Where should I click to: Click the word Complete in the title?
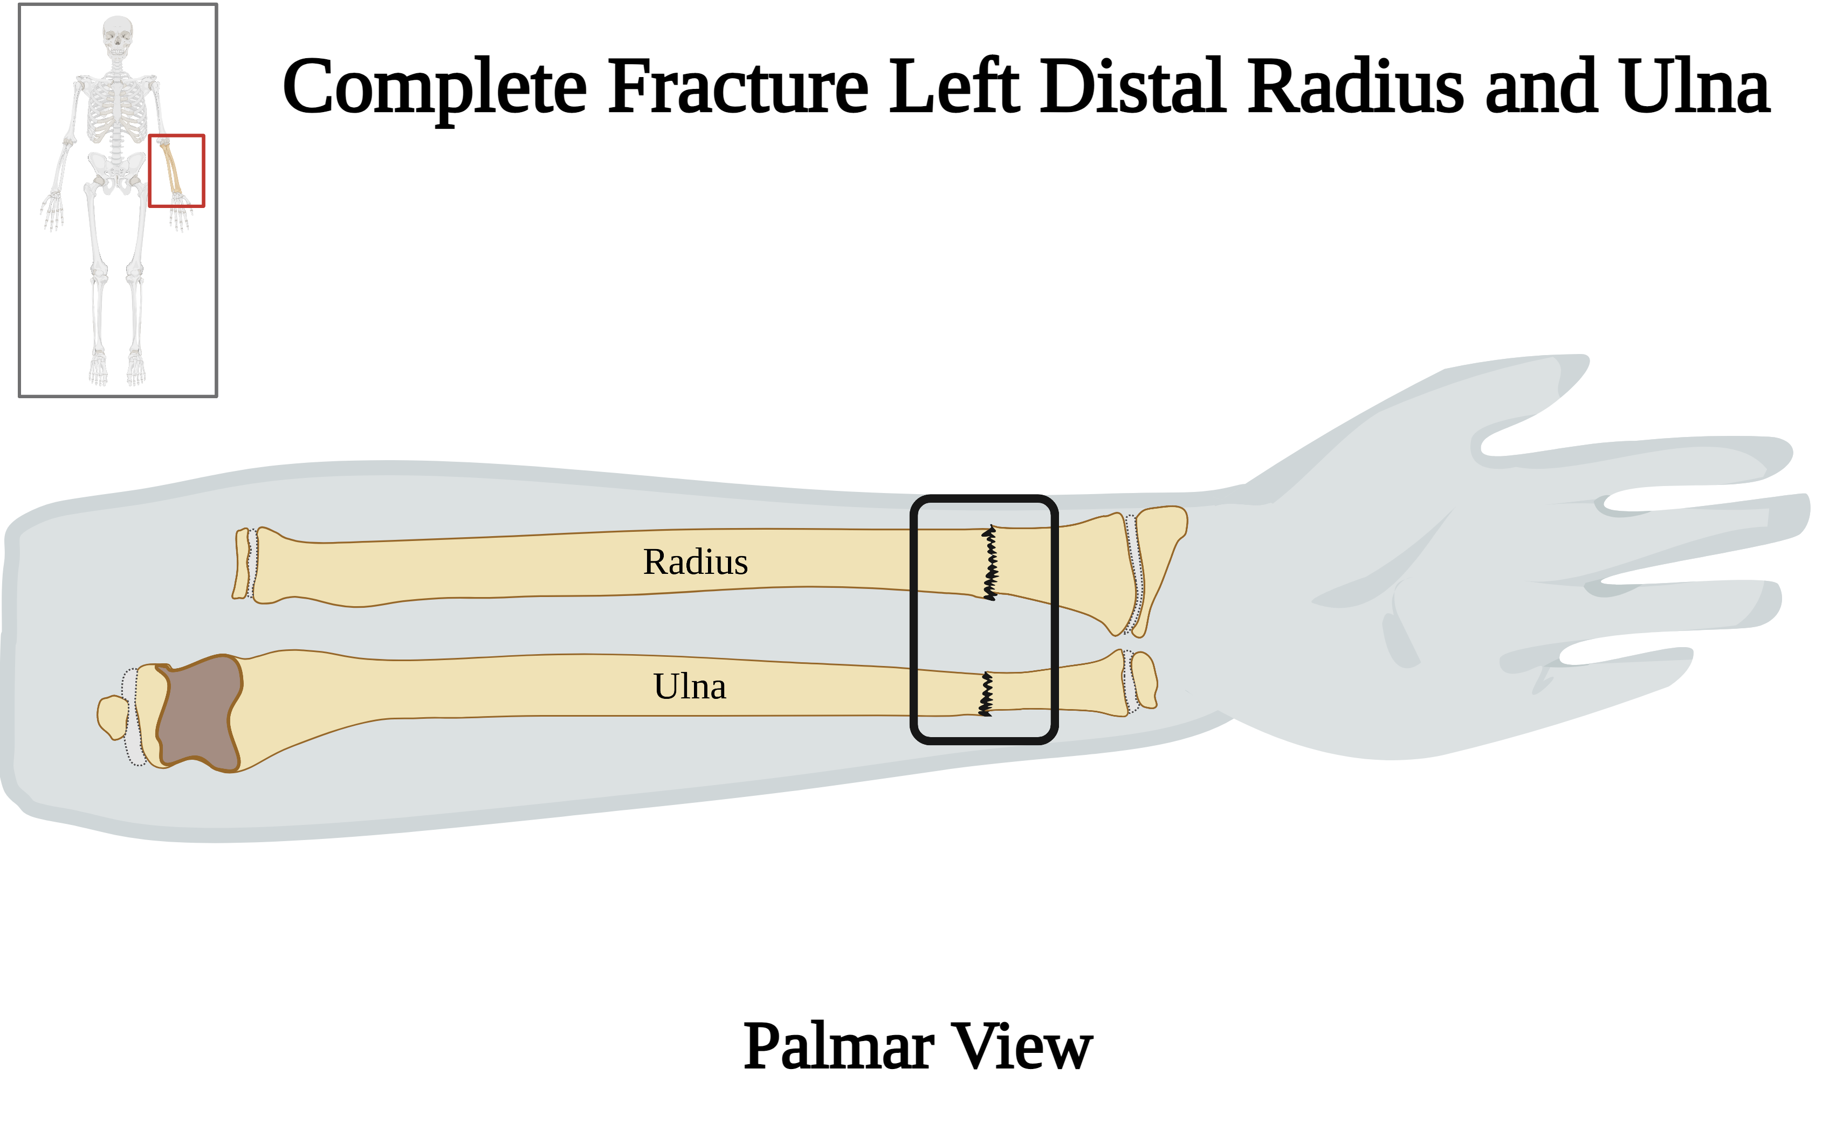[x=434, y=88]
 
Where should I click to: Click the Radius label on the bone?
[x=696, y=563]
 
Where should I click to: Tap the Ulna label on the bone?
[x=689, y=686]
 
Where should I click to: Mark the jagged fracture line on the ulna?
[x=986, y=694]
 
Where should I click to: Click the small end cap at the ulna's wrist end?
[x=1144, y=681]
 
